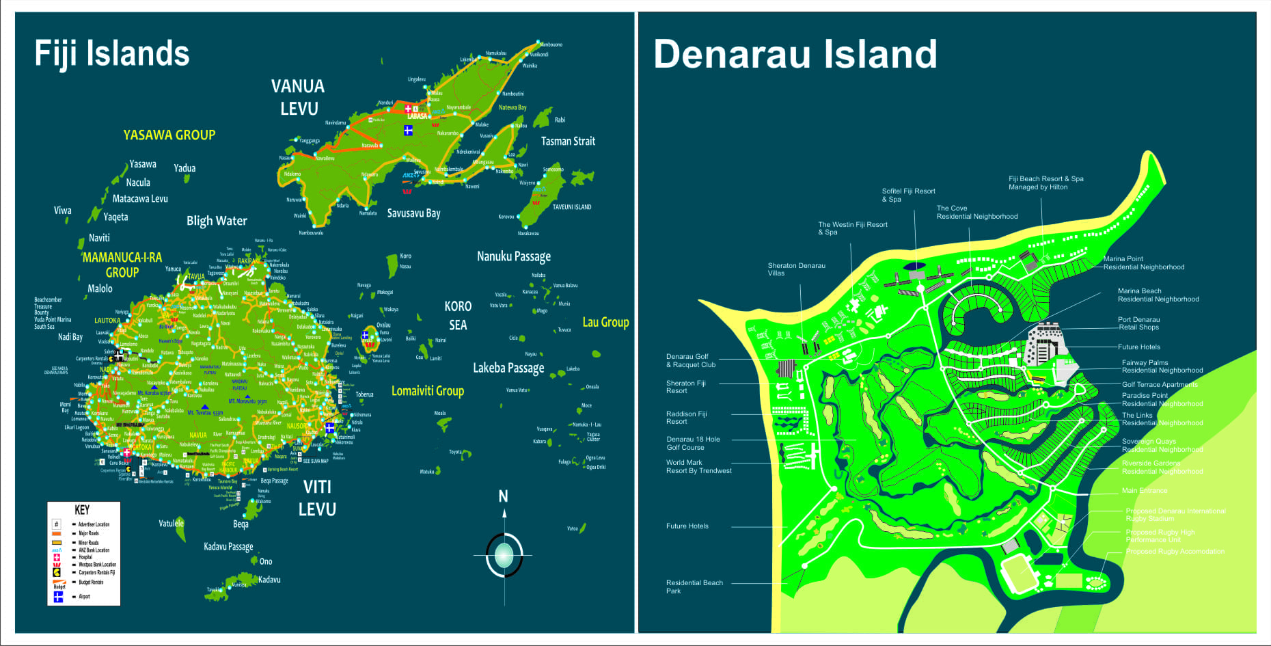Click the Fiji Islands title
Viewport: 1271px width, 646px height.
click(x=112, y=54)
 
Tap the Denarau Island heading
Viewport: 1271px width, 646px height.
click(x=795, y=54)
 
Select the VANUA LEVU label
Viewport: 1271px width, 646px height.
click(x=298, y=97)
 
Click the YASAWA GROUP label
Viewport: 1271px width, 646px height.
click(x=169, y=135)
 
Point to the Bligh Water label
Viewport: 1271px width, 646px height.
click(x=217, y=221)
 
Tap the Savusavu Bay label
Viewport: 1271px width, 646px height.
click(x=413, y=213)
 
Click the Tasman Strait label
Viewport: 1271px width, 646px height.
click(x=568, y=142)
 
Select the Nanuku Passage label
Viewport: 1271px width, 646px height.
click(x=513, y=256)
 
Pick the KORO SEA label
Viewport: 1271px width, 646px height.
click(x=458, y=315)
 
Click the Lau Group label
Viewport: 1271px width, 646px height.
click(x=605, y=322)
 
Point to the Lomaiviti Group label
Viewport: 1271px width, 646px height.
click(x=427, y=391)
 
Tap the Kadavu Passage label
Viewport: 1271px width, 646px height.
click(x=228, y=546)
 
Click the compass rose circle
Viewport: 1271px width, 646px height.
click(x=504, y=554)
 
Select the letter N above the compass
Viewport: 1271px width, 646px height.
click(x=504, y=496)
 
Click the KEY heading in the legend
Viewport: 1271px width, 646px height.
click(x=82, y=510)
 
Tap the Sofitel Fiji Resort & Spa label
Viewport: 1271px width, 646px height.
click(x=908, y=196)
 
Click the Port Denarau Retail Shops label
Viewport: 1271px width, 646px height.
click(x=1138, y=323)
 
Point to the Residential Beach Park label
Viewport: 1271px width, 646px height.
click(x=694, y=587)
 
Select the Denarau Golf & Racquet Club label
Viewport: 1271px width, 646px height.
click(x=690, y=360)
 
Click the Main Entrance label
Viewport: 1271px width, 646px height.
click(x=1145, y=490)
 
